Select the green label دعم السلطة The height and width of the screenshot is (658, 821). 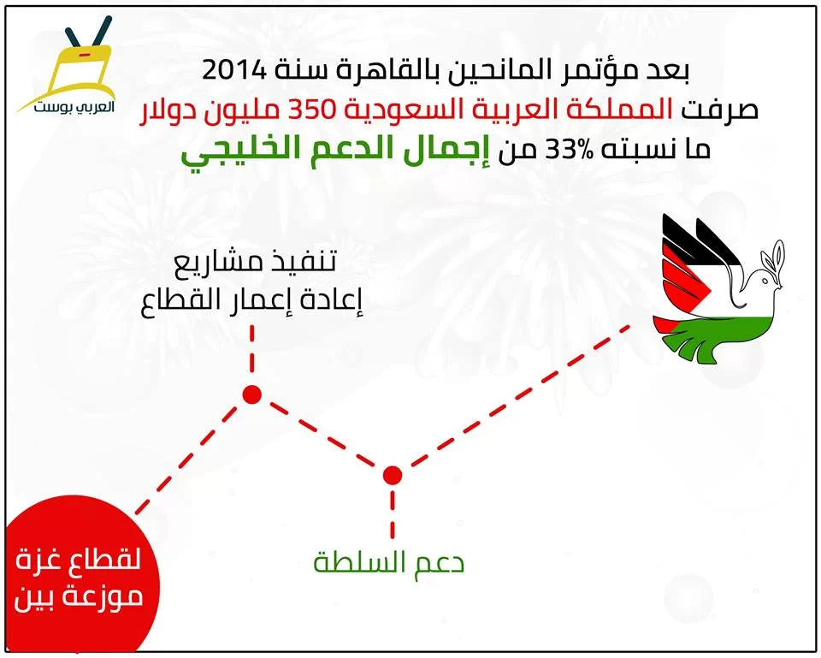[x=388, y=563]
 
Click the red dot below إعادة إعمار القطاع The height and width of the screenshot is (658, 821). [x=251, y=394]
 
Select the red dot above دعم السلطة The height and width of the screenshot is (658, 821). [x=393, y=475]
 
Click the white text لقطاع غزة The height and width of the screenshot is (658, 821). [x=78, y=560]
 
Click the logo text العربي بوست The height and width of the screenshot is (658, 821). [x=74, y=108]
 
